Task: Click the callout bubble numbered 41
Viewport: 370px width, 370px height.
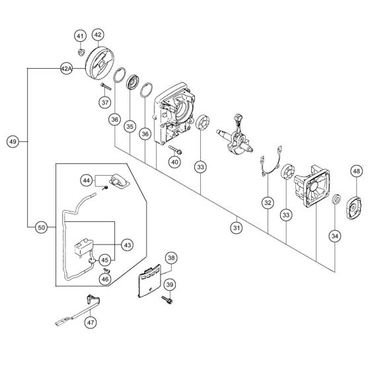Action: [80, 36]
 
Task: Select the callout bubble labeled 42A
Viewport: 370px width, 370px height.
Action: [66, 69]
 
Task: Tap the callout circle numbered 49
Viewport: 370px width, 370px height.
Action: [13, 141]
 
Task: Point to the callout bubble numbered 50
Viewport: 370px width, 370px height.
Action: [41, 227]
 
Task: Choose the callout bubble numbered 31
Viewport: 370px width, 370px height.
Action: [237, 228]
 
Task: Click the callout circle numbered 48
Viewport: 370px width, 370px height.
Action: [356, 171]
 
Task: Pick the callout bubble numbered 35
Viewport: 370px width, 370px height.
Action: [130, 126]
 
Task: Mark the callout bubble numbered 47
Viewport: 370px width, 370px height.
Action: [91, 322]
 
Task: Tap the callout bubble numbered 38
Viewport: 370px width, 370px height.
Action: [171, 258]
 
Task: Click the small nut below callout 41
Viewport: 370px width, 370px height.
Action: [81, 52]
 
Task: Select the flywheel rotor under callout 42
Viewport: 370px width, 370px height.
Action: [99, 63]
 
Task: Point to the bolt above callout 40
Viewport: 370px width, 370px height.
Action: [175, 149]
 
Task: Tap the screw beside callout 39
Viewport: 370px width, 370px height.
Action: [167, 300]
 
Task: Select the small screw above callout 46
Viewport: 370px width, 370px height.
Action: [106, 270]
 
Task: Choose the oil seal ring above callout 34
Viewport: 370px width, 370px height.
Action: [336, 200]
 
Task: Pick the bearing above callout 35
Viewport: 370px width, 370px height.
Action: [133, 82]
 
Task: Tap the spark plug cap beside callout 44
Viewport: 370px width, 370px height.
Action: [120, 181]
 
